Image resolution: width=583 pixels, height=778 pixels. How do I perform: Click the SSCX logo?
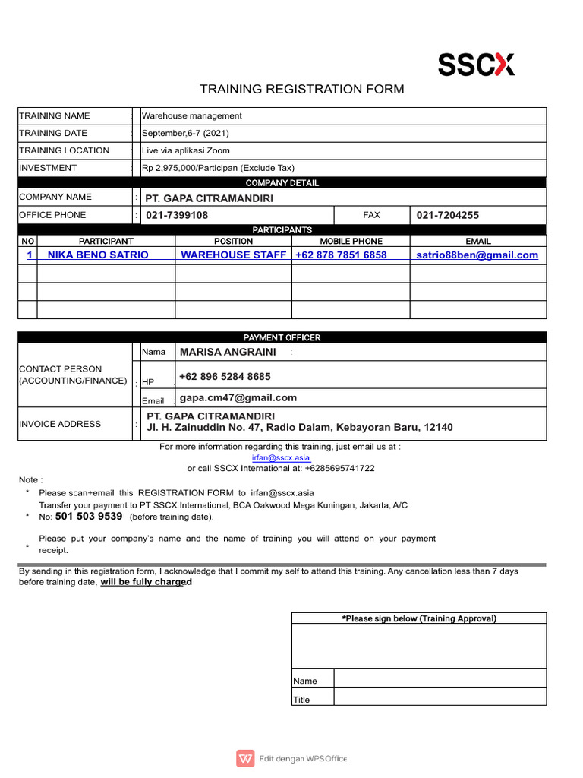pos(476,65)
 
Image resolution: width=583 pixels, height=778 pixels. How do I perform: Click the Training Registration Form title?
pos(301,90)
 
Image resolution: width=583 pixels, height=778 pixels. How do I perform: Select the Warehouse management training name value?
pos(192,116)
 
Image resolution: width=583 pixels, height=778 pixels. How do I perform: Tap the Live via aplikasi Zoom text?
pos(186,150)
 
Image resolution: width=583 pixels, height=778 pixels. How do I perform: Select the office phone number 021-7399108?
pos(177,216)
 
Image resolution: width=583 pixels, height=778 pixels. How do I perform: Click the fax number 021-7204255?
pos(448,216)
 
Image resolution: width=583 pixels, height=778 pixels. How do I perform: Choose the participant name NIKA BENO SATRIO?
pos(98,255)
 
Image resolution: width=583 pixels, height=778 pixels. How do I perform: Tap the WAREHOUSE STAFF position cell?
pos(234,255)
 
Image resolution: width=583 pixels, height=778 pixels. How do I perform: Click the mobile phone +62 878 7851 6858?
pos(341,255)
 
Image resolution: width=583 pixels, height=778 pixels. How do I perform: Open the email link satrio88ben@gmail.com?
pos(477,255)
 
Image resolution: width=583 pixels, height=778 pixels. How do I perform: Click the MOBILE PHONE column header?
pos(351,241)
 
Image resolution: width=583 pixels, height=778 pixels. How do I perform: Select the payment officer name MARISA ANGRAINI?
pos(226,353)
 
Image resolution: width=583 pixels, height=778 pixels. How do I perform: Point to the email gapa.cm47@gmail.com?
pos(238,398)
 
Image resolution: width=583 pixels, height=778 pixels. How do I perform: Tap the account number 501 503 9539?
pos(89,517)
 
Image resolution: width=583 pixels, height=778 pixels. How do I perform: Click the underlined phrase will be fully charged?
pos(146,582)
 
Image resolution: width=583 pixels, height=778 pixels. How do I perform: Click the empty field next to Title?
pos(440,697)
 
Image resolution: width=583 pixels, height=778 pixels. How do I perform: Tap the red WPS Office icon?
pos(245,758)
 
